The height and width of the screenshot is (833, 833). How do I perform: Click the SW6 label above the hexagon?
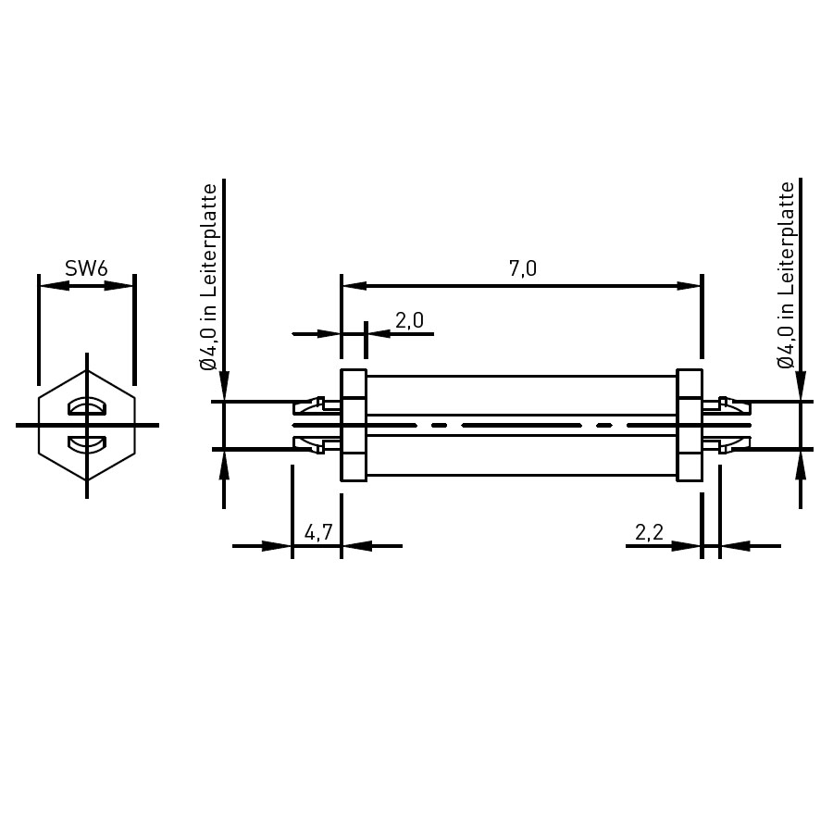pos(86,268)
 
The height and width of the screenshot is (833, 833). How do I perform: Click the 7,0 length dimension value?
pos(523,268)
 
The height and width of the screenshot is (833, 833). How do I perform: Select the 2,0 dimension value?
pos(409,320)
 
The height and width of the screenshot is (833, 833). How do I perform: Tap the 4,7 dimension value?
pos(318,532)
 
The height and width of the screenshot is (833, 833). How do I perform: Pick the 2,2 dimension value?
pos(649,532)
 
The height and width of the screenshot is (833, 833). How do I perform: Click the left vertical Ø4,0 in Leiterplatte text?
pos(209,278)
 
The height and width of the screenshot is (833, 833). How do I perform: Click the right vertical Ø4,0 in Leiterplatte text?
pos(786,276)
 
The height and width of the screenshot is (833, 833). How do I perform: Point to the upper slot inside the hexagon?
pos(87,407)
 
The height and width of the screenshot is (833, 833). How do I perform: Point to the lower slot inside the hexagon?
pos(87,443)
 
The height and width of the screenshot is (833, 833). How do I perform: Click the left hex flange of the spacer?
pos(354,425)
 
